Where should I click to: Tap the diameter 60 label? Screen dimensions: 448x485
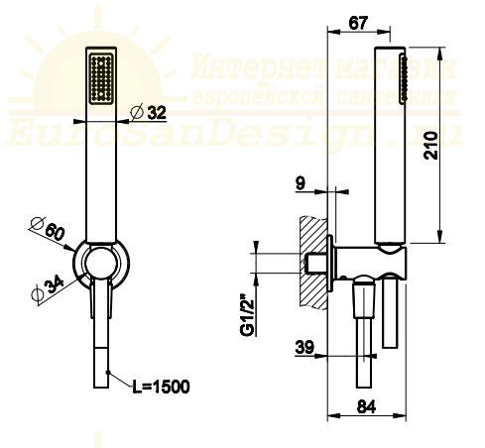[x=51, y=231]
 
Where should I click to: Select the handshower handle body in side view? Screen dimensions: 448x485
[x=390, y=149]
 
